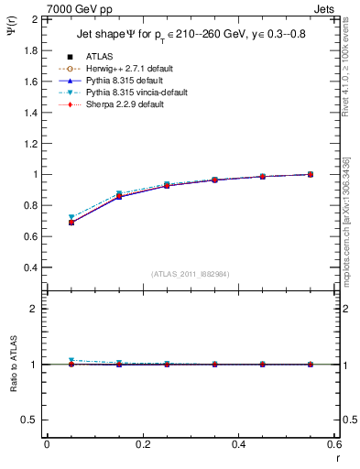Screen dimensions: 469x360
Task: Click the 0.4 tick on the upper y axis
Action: coord(29,267)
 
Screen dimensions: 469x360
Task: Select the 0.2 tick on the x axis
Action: coord(142,444)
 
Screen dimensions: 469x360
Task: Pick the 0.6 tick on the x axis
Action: coord(333,444)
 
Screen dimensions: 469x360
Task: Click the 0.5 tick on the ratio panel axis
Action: coord(29,420)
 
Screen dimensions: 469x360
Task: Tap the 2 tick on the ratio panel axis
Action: coord(33,309)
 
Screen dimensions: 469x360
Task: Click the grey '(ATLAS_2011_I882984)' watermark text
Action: coord(190,274)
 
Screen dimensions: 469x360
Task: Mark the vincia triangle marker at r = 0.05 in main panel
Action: coord(71,218)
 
